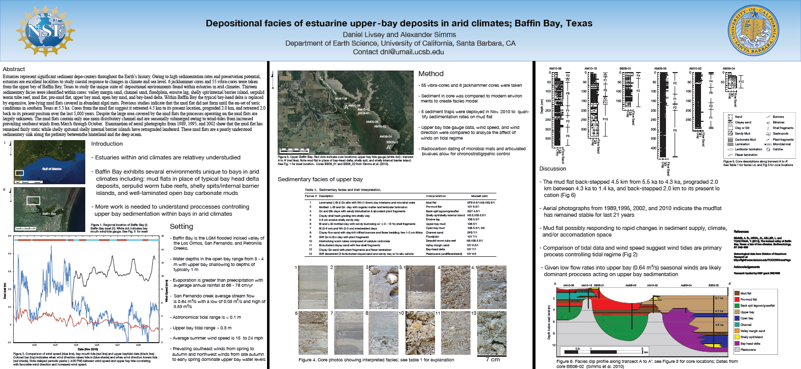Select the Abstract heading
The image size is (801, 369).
pos(14,69)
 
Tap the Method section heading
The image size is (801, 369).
pos(430,74)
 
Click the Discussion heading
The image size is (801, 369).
pos(552,169)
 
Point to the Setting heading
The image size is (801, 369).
pos(181,226)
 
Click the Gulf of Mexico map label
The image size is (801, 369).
pos(52,169)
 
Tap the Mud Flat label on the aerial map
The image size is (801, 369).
pos(341,98)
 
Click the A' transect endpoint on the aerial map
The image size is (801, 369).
pos(389,147)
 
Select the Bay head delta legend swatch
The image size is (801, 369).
pos(737,344)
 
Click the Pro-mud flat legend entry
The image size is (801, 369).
pos(748,299)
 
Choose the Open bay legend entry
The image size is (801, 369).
pos(747,318)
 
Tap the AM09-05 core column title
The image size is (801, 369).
pos(660,69)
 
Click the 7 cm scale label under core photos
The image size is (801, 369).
pos(492,359)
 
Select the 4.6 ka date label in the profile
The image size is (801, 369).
pos(719,325)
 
